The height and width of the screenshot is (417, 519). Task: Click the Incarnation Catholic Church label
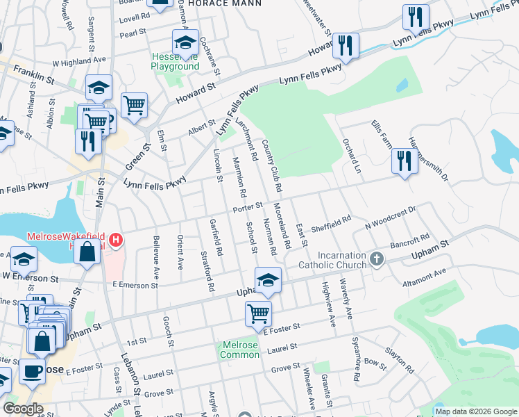[x=332, y=259]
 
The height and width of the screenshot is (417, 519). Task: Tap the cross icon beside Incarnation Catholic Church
[x=377, y=259]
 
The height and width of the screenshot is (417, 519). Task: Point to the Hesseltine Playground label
[x=175, y=61]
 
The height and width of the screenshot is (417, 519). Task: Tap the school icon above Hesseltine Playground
[x=185, y=42]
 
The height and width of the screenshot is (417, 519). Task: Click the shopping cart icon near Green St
[x=134, y=105]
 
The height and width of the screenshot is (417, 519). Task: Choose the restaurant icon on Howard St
[x=345, y=45]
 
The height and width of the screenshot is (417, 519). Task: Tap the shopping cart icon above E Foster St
[x=258, y=313]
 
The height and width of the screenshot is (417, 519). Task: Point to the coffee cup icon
[x=32, y=372]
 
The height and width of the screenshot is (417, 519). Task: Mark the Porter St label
[x=248, y=206]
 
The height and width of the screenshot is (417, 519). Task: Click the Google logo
[x=23, y=409]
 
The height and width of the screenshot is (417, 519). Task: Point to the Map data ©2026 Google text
[x=475, y=411]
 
